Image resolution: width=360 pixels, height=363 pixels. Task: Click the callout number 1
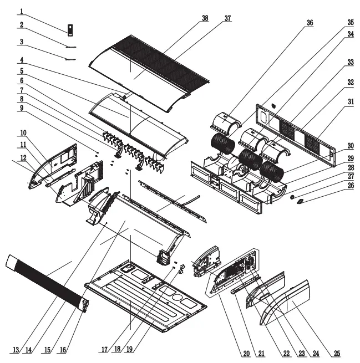21,11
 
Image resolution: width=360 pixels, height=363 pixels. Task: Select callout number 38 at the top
205,18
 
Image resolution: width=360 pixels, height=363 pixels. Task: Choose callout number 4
21,59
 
